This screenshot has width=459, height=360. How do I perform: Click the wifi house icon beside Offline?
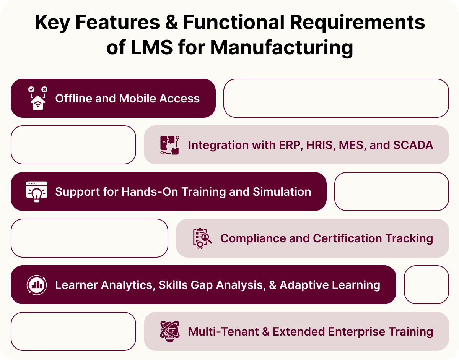coord(37,98)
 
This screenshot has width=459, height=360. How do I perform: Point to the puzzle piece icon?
coord(169,145)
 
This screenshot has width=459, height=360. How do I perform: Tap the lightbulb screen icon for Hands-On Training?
coord(37,191)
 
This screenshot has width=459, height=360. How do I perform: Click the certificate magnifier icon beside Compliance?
coord(202,238)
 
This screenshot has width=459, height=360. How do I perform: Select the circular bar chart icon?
coord(37,285)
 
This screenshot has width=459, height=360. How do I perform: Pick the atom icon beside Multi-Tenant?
coord(169,331)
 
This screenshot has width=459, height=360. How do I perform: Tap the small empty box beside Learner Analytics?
coord(426,285)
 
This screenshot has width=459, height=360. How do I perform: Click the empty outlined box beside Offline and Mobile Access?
coord(336,98)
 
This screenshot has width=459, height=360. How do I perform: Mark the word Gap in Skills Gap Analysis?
coord(207,285)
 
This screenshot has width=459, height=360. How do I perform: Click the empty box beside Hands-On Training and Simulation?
coord(391,191)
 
